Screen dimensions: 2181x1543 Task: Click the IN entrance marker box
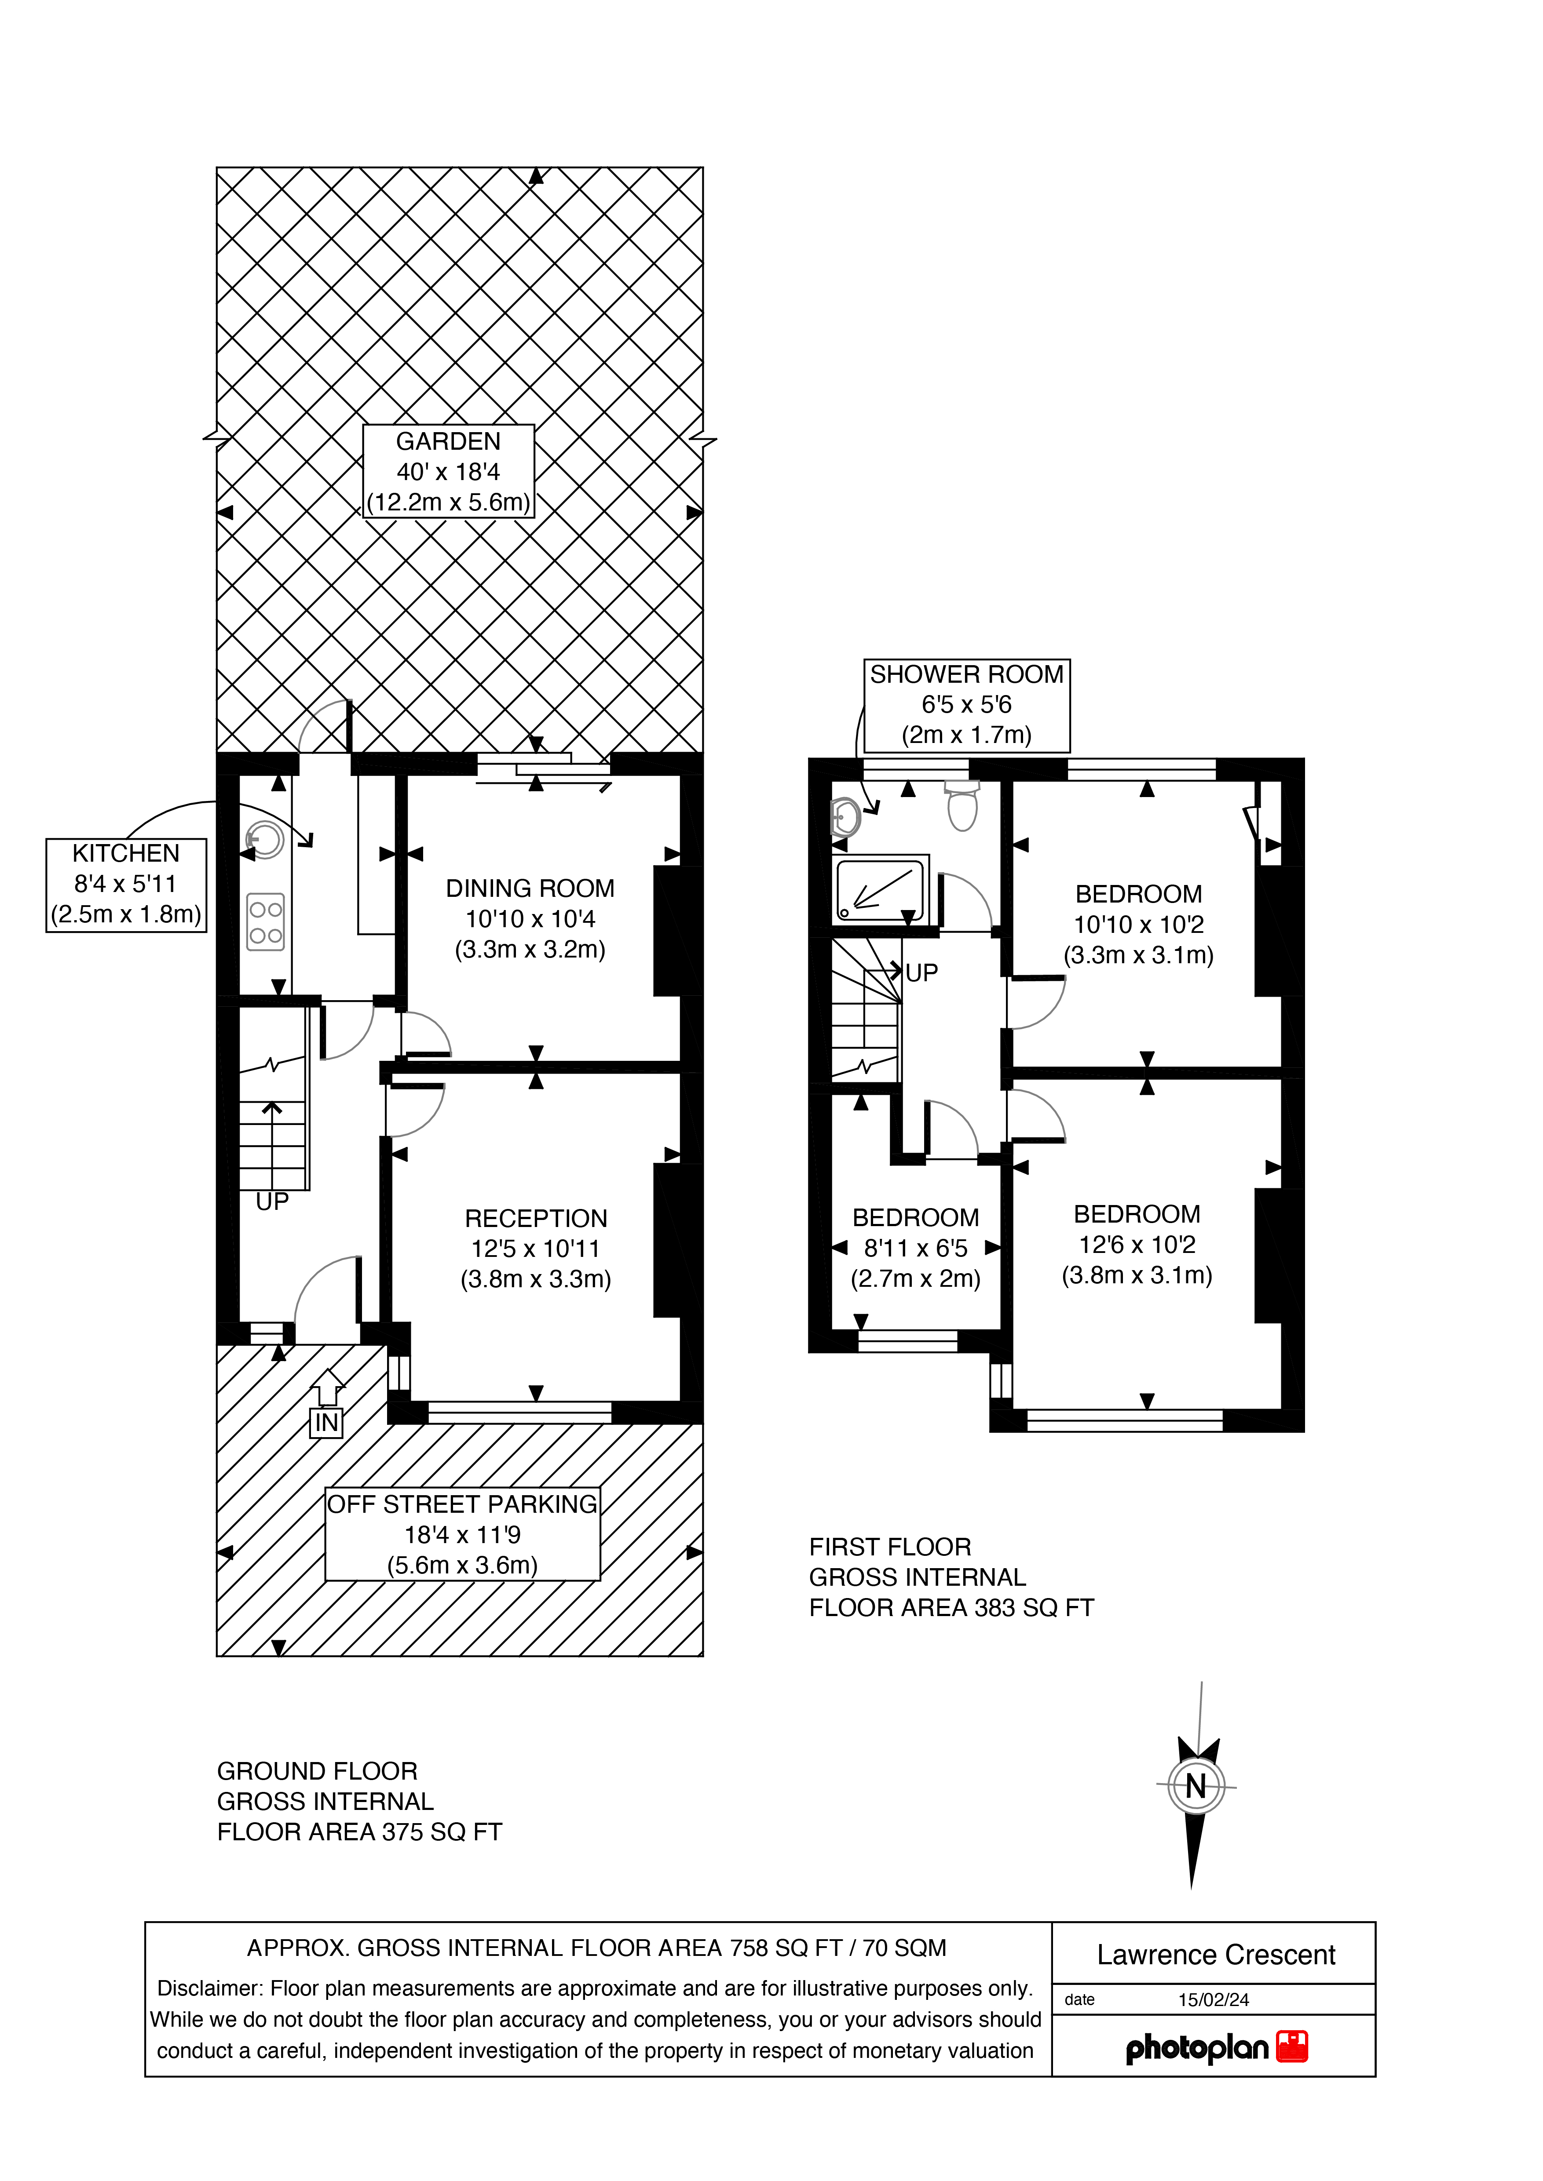(326, 1422)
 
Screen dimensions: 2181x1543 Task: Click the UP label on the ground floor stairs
(272, 1202)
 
